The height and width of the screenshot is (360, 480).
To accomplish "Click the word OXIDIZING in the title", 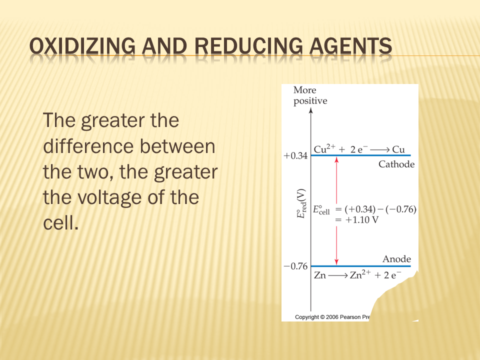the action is pos(82,46).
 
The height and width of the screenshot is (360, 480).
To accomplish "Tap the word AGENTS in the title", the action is pos(350,46).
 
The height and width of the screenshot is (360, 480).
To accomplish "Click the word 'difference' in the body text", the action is pos(87,146).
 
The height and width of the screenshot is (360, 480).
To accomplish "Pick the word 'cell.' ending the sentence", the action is pos(60,222).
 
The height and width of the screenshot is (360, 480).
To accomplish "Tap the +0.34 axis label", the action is pos(295,156).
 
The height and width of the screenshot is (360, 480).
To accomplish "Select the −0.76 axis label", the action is pos(295,266).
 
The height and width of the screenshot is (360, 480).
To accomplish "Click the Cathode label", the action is pos(396,164).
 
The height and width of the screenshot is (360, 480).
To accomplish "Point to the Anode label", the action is pos(396,259).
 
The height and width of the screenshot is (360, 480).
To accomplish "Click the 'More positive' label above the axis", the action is pos(310,95).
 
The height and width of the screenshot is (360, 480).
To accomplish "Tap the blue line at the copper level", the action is pos(360,155).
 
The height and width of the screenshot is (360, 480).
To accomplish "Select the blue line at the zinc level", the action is pos(360,266).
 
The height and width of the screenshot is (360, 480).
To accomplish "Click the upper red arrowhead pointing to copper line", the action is pos(336,159).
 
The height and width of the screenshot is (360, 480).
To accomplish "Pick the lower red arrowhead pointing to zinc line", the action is pos(336,262).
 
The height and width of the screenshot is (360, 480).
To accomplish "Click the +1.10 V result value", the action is pos(361,220).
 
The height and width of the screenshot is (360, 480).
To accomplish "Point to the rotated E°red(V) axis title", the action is pos(301,203).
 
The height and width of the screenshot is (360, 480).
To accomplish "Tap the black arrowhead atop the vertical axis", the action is pos(310,110).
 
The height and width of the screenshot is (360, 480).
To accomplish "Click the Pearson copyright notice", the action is pos(332,317).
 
